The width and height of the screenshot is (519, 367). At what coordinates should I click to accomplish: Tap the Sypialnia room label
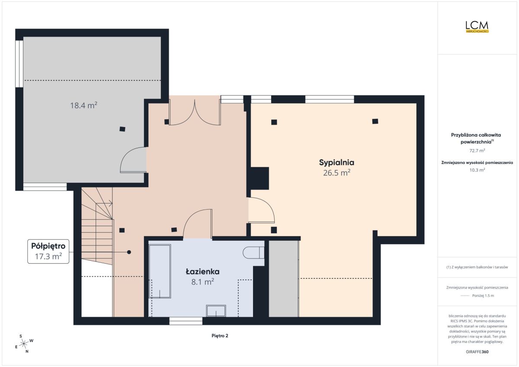[336, 162]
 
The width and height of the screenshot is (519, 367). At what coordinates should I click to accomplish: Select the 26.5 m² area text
[336, 172]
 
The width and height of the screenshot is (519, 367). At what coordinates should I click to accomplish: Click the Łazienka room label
[202, 271]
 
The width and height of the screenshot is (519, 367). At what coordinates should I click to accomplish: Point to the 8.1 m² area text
[202, 282]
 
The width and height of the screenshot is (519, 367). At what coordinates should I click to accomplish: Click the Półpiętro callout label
[48, 246]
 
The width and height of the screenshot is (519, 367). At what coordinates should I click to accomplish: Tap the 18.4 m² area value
[83, 105]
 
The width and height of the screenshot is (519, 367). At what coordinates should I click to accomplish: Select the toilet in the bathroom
[253, 252]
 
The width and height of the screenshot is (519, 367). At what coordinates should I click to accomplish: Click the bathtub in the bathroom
[160, 271]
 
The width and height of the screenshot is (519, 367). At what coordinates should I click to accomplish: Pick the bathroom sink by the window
[216, 311]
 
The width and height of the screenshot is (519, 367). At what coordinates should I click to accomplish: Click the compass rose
[24, 344]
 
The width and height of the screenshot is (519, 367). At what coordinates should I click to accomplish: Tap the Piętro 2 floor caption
[220, 335]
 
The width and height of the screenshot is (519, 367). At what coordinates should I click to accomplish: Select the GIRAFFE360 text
[477, 352]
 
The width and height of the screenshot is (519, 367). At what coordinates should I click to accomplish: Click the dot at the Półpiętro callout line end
[129, 252]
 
